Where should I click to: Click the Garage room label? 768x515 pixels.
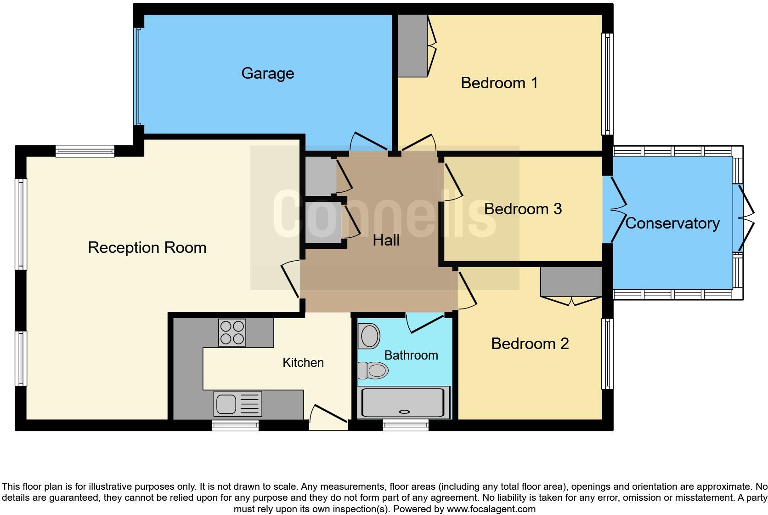[x=267, y=74]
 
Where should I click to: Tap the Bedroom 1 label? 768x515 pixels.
[x=499, y=83]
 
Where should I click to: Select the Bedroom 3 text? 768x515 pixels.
[x=523, y=209]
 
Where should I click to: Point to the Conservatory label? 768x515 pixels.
[x=672, y=223]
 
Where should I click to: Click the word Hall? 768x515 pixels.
[x=386, y=240]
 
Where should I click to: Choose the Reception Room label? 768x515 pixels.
[x=147, y=248]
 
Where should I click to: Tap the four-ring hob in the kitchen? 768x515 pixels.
[x=232, y=332]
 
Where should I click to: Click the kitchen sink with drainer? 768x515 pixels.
[x=237, y=404]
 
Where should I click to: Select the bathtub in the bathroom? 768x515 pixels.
[x=403, y=402]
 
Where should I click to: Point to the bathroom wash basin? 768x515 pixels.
[x=370, y=336]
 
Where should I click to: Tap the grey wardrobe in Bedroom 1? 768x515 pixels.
[x=412, y=46]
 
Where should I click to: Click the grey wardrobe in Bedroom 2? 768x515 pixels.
[x=571, y=282]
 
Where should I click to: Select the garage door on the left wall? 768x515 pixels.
[x=137, y=76]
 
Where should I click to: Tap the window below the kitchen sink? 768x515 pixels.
[x=235, y=425]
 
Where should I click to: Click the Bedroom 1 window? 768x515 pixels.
[x=607, y=84]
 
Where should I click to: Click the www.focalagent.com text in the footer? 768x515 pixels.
[x=491, y=509]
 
